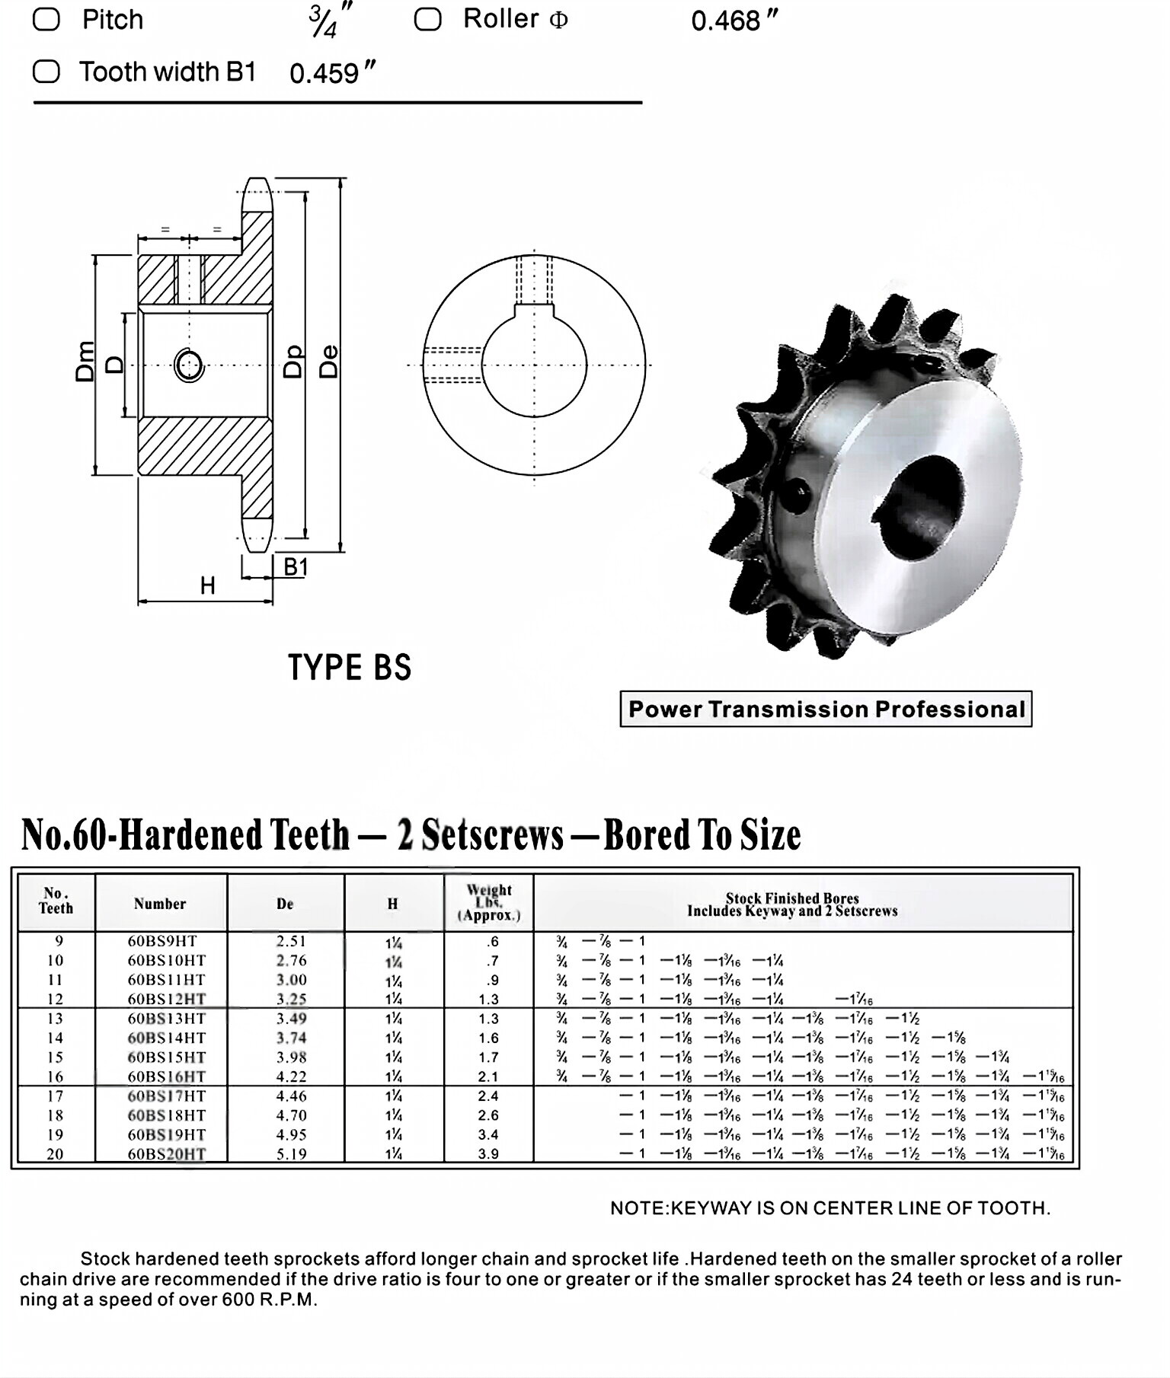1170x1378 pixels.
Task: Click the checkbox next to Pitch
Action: point(46,19)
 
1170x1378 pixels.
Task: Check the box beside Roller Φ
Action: point(427,19)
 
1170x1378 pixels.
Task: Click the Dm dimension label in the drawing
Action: point(85,361)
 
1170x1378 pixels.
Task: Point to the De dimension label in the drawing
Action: point(328,361)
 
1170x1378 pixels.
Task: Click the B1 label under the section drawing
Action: point(296,567)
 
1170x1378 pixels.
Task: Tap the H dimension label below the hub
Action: point(207,585)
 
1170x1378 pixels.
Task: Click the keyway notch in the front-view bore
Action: point(534,310)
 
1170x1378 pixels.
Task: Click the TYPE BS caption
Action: point(350,668)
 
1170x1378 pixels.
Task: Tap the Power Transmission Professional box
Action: point(826,709)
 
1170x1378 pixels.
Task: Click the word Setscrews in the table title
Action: point(492,834)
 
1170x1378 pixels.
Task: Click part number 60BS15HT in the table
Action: point(166,1057)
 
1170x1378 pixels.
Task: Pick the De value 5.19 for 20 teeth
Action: point(291,1153)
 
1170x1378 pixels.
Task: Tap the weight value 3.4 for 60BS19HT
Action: point(488,1134)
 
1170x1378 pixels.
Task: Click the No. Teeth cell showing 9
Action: point(59,941)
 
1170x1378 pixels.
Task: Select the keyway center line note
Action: point(830,1207)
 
